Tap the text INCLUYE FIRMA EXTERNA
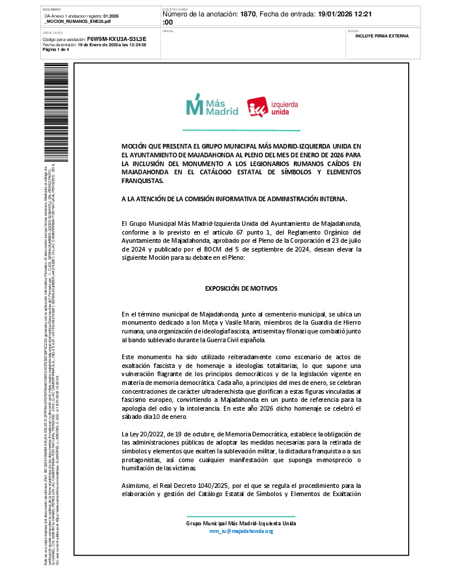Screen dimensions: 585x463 [382, 36]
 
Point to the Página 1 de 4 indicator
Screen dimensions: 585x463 [56, 49]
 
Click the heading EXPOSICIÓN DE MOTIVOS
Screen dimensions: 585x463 [241, 289]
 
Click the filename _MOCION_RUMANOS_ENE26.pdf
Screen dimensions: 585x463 [78, 21]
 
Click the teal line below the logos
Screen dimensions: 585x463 [241, 130]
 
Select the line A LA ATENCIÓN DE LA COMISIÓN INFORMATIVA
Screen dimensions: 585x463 [234, 199]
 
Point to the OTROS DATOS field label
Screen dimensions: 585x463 [53, 33]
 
